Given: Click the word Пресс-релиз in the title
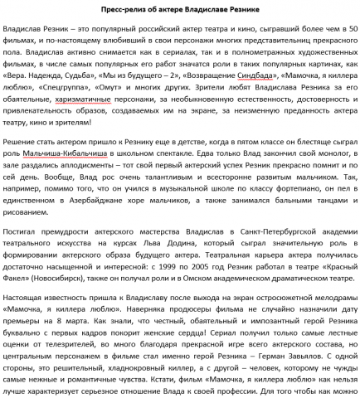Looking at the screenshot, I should (x=130, y=10).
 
